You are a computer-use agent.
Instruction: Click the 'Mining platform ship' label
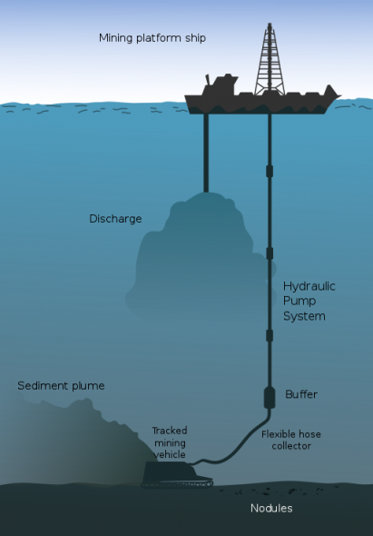click(152, 38)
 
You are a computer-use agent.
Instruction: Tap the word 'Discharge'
click(115, 219)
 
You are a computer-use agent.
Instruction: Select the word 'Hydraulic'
click(309, 286)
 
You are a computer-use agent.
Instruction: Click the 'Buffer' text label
click(301, 394)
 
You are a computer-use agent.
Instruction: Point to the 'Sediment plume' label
click(61, 386)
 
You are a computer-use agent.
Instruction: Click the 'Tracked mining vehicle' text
click(170, 442)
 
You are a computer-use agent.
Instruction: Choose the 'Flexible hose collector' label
click(291, 441)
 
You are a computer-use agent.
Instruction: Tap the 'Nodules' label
click(271, 509)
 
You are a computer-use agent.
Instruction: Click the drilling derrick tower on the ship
click(270, 60)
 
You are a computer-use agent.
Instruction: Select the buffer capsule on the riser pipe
click(270, 397)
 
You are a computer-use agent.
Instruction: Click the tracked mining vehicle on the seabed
click(177, 474)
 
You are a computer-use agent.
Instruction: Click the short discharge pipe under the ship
click(206, 153)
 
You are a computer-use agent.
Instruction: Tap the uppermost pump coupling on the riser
click(270, 171)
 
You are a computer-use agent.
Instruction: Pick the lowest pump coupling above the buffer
click(270, 335)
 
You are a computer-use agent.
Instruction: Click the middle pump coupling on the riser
click(270, 253)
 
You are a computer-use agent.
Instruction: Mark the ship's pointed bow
click(339, 96)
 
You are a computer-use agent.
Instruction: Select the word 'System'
click(304, 316)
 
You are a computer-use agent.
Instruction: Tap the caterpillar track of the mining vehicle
click(177, 484)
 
